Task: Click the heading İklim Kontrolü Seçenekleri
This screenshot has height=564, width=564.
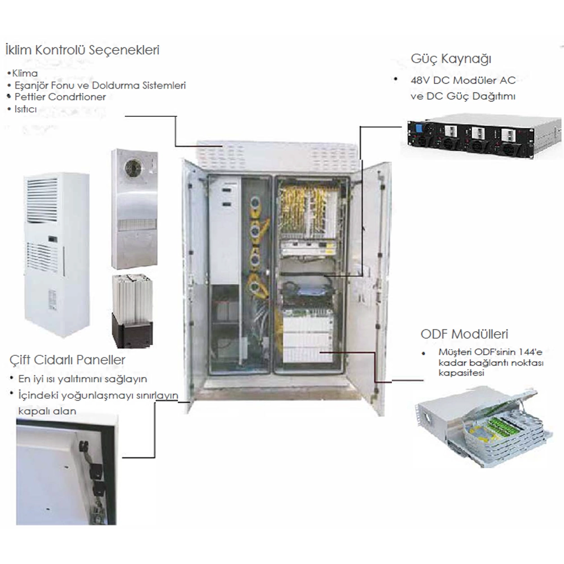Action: point(82,50)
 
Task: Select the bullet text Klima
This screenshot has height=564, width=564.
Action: point(25,73)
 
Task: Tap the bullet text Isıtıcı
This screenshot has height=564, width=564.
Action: point(25,109)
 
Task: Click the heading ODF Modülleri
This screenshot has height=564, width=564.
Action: point(460,333)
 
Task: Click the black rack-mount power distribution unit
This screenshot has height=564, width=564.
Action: point(484,138)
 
